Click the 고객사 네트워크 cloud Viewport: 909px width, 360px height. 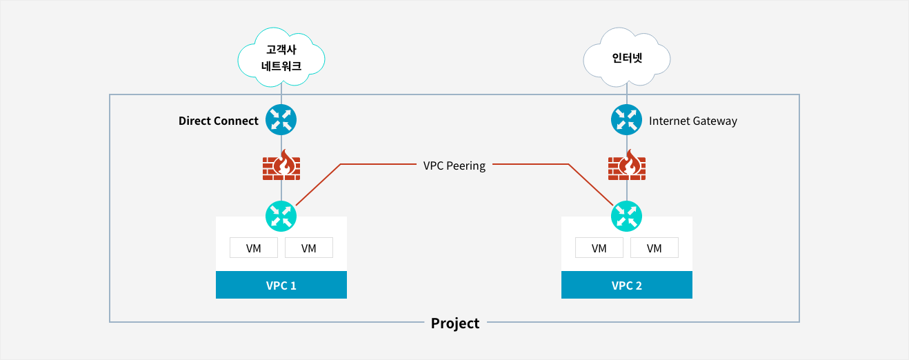coord(281,58)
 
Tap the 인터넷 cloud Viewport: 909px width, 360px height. coord(626,58)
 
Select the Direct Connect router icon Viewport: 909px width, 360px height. coord(281,120)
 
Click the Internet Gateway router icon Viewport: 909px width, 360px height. coord(626,120)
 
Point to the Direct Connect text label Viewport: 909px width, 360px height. coord(218,121)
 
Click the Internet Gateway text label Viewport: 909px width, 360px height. coord(692,121)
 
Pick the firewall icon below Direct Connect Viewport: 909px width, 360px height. coord(281,166)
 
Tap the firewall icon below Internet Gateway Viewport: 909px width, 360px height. coord(626,166)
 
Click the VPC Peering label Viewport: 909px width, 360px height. coord(454,166)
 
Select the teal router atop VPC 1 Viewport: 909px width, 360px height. coord(281,215)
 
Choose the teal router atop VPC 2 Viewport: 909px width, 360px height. coord(626,215)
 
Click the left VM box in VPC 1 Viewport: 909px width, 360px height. coord(253,248)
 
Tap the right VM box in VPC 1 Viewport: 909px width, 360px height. coord(308,248)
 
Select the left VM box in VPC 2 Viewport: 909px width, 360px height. coord(599,248)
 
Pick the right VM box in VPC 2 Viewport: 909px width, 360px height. coord(654,248)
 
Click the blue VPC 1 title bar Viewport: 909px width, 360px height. coord(281,285)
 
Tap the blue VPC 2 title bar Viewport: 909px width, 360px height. coord(626,285)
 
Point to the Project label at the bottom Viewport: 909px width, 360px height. coord(454,323)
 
